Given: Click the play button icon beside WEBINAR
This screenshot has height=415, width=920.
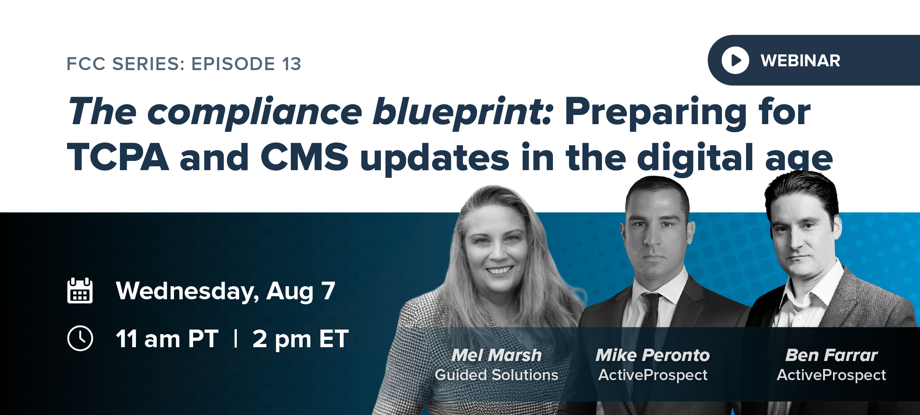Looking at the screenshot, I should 735,60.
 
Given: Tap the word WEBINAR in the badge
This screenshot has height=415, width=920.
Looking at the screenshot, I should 800,61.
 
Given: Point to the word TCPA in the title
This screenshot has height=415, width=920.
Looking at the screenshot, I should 118,157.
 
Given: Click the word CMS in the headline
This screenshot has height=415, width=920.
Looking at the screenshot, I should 304,157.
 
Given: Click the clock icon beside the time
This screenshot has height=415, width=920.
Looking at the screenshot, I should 80,338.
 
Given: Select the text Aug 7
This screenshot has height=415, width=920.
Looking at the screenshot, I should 300,291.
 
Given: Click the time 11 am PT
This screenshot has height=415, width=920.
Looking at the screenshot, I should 167,339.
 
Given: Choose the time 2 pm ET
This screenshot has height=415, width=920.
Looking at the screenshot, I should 300,339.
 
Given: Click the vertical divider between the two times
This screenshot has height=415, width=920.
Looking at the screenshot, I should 236,339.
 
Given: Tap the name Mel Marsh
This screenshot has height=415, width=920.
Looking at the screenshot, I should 496,355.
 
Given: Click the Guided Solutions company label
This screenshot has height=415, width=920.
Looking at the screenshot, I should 496,375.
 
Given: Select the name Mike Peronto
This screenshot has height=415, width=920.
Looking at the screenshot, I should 653,355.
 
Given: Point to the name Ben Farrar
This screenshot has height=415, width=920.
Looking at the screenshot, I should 831,355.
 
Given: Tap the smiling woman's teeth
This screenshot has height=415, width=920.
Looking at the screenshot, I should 499,271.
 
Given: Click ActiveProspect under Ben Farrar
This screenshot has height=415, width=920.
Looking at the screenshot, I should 831,375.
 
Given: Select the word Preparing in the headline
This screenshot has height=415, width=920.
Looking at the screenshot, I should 655,112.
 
